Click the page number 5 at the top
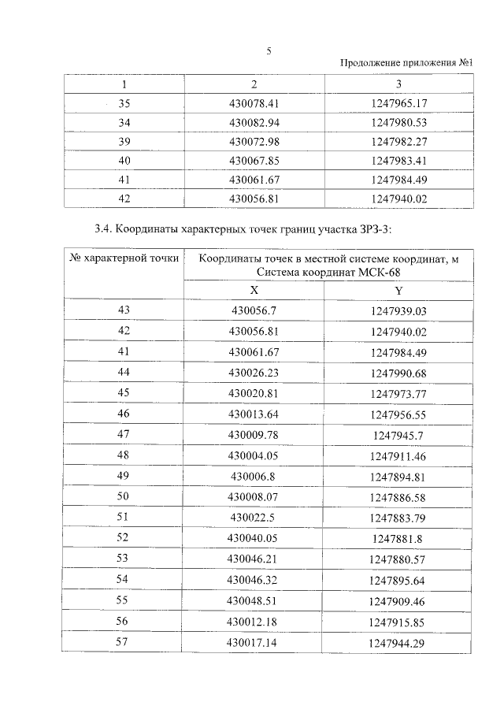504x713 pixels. (269, 51)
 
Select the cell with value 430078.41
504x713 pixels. (254, 103)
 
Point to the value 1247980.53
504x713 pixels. (398, 122)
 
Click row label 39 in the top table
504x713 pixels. (124, 142)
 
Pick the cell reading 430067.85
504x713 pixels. (254, 161)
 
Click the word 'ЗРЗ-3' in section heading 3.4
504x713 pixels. (372, 229)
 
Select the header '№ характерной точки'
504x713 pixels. (124, 258)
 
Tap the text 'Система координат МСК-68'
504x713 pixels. (328, 272)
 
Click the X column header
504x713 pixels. (254, 291)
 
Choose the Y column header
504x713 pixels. (398, 291)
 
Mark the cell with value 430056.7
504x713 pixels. (254, 311)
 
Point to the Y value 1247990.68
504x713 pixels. (398, 372)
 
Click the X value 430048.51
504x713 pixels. (254, 600)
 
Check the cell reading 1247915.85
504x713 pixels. (398, 622)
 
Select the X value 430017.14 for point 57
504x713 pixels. (254, 643)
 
